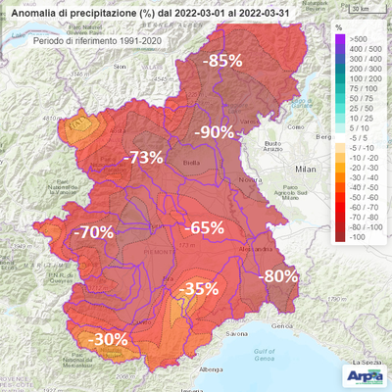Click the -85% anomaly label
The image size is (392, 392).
click(x=223, y=61)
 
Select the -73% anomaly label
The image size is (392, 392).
click(x=143, y=157)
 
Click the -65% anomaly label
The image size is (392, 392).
click(x=205, y=227)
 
